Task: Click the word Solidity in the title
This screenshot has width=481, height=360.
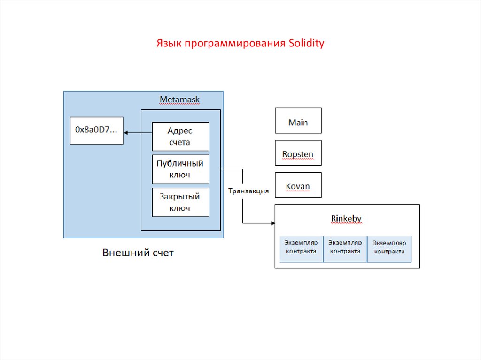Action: click(306, 44)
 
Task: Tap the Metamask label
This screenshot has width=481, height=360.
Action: click(179, 100)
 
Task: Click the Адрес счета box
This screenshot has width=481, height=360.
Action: click(180, 137)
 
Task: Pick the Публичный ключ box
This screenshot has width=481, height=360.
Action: click(180, 169)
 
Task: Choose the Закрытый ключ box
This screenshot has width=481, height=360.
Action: click(180, 202)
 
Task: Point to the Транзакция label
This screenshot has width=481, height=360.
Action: click(248, 191)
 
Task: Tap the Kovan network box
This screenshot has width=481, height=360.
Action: click(298, 186)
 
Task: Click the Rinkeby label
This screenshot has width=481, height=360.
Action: click(346, 218)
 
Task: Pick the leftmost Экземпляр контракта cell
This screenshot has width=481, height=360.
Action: click(301, 247)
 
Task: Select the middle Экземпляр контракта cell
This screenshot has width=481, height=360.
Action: click(345, 247)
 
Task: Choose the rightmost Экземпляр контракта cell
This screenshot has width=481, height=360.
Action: click(389, 247)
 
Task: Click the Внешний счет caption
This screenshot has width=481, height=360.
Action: click(138, 253)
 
